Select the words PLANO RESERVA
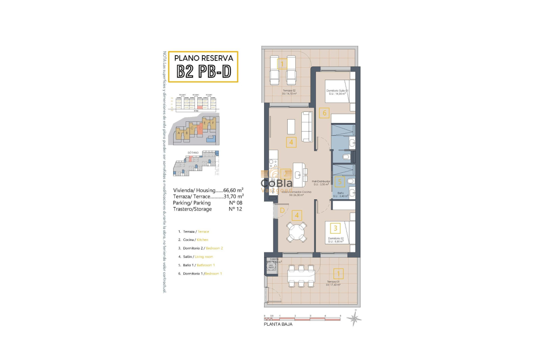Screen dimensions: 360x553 [204, 58]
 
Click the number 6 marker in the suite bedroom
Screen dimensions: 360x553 [325, 113]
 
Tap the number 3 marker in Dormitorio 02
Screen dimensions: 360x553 [336, 228]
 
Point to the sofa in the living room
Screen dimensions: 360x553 [307, 127]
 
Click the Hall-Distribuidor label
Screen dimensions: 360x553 [321, 182]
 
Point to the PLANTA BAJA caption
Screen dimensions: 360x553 [278, 324]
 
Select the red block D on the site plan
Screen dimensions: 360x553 [200, 128]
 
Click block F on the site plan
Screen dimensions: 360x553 [213, 123]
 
